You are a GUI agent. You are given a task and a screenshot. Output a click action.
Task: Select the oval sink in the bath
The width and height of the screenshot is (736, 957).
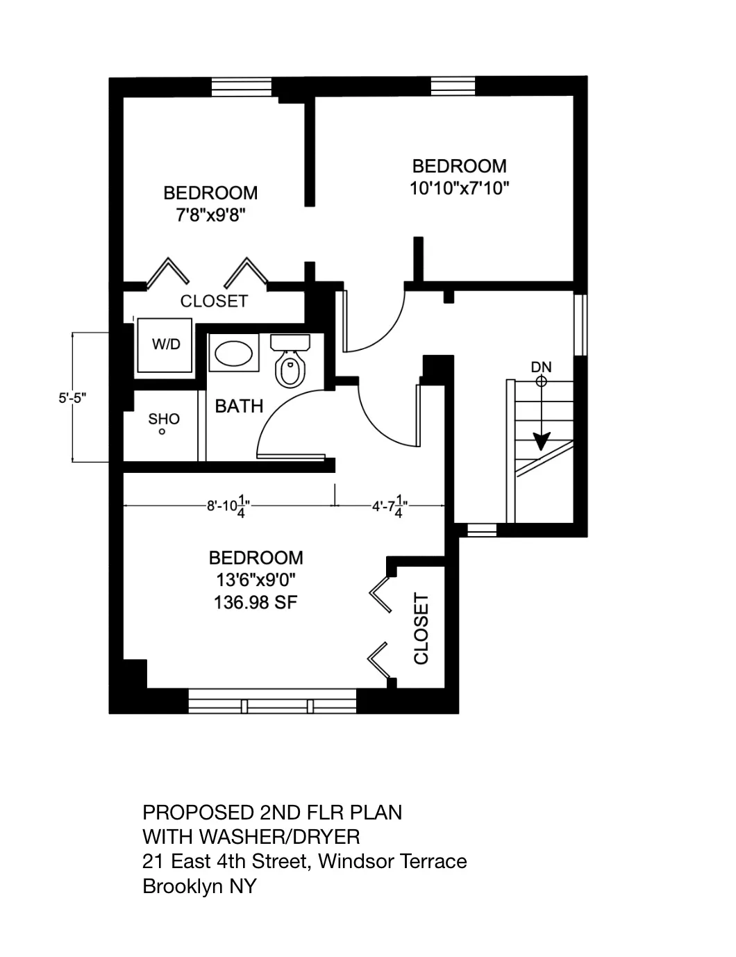click(233, 354)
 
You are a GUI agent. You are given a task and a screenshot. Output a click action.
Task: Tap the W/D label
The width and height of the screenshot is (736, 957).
click(166, 344)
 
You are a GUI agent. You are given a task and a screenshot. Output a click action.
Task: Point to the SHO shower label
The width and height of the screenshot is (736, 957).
click(164, 419)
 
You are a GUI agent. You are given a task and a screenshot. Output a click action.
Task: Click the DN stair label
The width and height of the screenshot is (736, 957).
click(541, 367)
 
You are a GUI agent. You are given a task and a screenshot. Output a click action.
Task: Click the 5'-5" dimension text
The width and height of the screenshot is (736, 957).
click(72, 399)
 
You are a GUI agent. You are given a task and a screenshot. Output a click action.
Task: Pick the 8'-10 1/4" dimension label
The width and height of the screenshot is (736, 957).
click(228, 506)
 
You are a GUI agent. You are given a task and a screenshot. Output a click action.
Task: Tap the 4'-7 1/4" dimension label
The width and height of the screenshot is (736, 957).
click(389, 506)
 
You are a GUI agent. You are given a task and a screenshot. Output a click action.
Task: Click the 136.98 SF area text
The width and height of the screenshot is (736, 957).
click(255, 602)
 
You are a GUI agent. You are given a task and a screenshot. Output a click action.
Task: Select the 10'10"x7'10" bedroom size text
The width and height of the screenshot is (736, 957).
click(459, 188)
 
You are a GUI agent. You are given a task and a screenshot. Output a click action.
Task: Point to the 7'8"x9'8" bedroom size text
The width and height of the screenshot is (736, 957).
click(210, 215)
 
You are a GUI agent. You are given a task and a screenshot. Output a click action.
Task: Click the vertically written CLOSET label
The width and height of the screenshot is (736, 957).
click(421, 629)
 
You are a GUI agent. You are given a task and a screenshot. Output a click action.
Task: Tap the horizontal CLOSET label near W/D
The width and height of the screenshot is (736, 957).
click(214, 301)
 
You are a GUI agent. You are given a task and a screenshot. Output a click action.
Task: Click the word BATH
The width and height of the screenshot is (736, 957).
click(239, 406)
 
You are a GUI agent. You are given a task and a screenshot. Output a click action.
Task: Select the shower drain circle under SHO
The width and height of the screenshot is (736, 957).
click(162, 432)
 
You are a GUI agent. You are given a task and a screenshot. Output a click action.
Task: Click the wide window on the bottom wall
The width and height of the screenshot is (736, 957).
click(273, 701)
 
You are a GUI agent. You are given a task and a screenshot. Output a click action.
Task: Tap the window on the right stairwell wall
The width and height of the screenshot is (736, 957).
click(580, 325)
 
